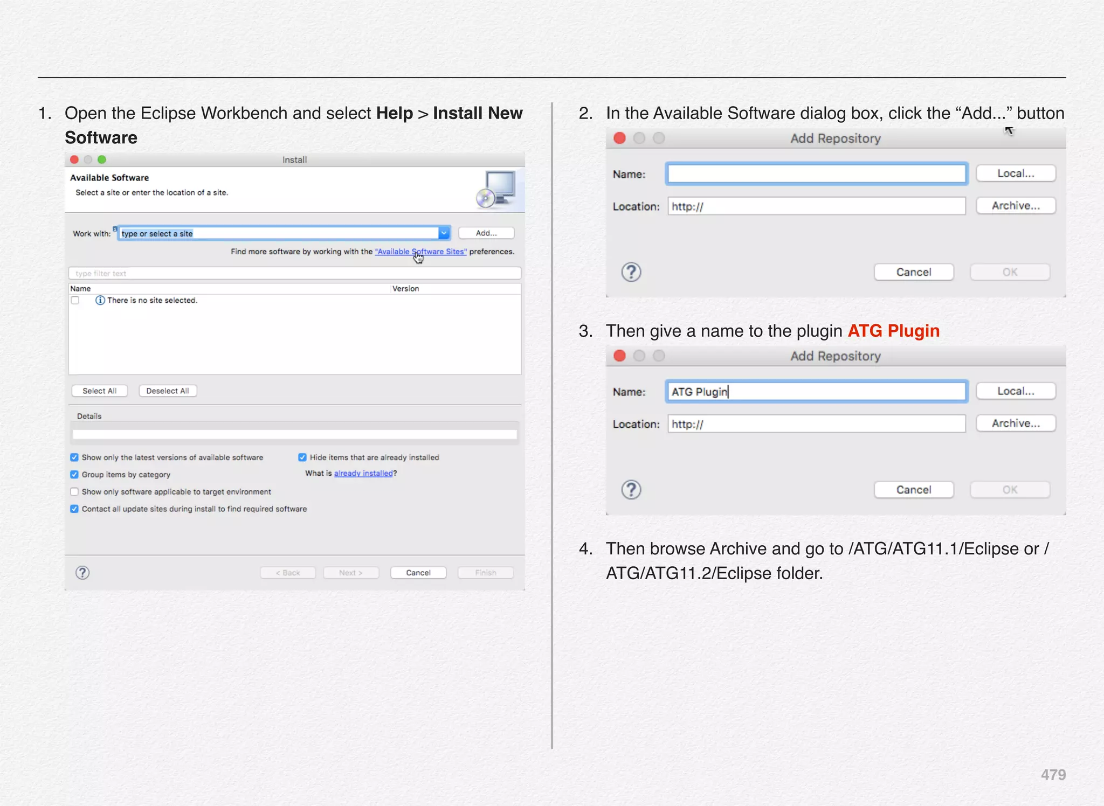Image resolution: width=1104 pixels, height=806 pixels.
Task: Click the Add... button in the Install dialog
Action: [x=486, y=233]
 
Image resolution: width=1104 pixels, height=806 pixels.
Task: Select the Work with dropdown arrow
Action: [x=444, y=233]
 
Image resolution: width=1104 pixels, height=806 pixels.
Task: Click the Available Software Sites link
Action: [x=420, y=252]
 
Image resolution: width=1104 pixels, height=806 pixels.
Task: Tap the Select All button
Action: [x=99, y=391]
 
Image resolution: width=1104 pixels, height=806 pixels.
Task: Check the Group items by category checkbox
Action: [x=74, y=475]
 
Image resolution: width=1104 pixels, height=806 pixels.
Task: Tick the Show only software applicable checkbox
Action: [x=74, y=492]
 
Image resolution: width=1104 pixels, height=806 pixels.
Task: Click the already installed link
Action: [x=363, y=474]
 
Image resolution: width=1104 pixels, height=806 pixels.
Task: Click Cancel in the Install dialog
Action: [x=418, y=573]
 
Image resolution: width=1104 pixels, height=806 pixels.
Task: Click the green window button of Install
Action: [x=102, y=159]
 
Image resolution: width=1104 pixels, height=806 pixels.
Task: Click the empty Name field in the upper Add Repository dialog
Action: [x=816, y=174]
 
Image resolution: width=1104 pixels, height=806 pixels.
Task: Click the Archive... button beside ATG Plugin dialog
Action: [x=1015, y=423]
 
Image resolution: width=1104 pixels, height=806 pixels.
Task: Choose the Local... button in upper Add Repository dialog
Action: [x=1015, y=173]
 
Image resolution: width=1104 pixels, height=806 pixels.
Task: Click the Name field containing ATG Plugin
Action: [x=816, y=392]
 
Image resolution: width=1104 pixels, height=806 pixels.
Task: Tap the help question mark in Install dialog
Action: [x=82, y=573]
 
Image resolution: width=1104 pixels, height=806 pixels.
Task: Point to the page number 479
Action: [x=1053, y=775]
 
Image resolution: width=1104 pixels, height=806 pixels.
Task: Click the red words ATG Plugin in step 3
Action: [x=893, y=331]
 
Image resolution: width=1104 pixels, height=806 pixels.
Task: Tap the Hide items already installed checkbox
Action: [x=302, y=457]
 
